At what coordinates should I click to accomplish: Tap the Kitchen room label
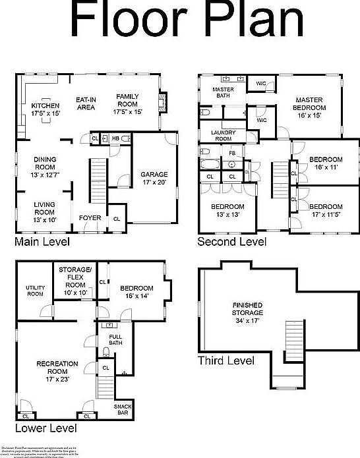[45, 109]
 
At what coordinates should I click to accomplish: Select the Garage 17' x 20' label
[154, 179]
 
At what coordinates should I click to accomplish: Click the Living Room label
[45, 212]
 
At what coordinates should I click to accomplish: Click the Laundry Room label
[223, 136]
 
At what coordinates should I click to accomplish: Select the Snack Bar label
[123, 411]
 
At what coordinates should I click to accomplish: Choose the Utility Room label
[35, 291]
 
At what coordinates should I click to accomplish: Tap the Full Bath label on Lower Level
[115, 340]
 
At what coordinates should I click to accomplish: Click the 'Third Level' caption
[226, 360]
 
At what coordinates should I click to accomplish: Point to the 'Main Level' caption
[42, 242]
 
